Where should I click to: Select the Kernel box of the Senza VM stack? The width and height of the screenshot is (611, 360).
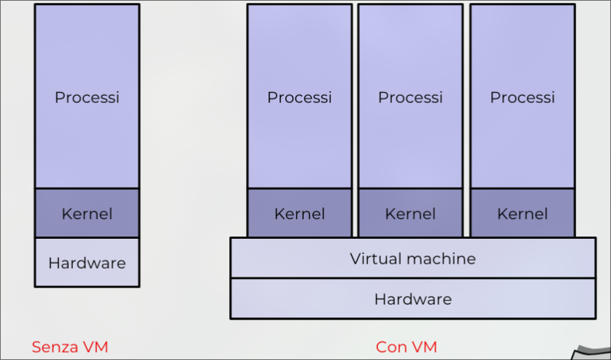pos(87,213)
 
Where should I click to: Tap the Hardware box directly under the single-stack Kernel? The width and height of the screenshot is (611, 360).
pos(87,262)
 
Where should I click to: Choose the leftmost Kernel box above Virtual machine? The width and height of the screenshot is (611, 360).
pos(299,213)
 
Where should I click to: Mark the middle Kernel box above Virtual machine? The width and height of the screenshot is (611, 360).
pos(410,213)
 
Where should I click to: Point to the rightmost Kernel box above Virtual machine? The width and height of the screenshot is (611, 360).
pos(522,213)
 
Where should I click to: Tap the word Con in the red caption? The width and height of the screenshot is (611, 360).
pos(391,347)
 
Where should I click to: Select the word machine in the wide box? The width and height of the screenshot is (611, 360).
pos(441,258)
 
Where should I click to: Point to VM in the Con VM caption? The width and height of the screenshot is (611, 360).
pos(424,347)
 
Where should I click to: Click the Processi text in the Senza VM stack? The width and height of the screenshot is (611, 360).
pos(87,97)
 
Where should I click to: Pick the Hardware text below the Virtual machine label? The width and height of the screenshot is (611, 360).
pos(413,299)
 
